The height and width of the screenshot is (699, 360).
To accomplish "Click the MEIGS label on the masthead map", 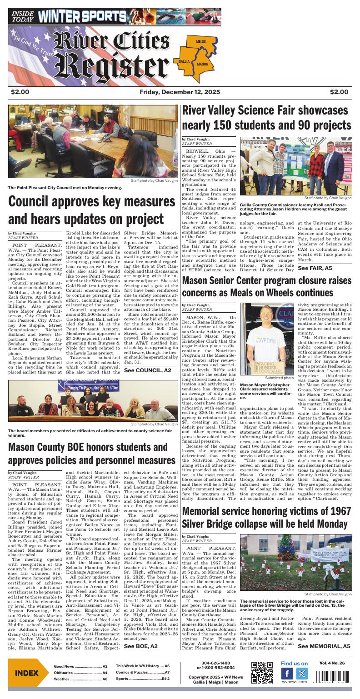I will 200,41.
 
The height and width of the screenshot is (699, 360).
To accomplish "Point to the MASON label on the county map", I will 202,64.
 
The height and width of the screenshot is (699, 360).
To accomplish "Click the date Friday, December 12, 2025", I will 179,93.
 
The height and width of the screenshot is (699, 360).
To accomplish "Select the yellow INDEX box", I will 26,673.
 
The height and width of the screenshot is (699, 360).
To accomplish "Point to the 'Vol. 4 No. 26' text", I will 332,663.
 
